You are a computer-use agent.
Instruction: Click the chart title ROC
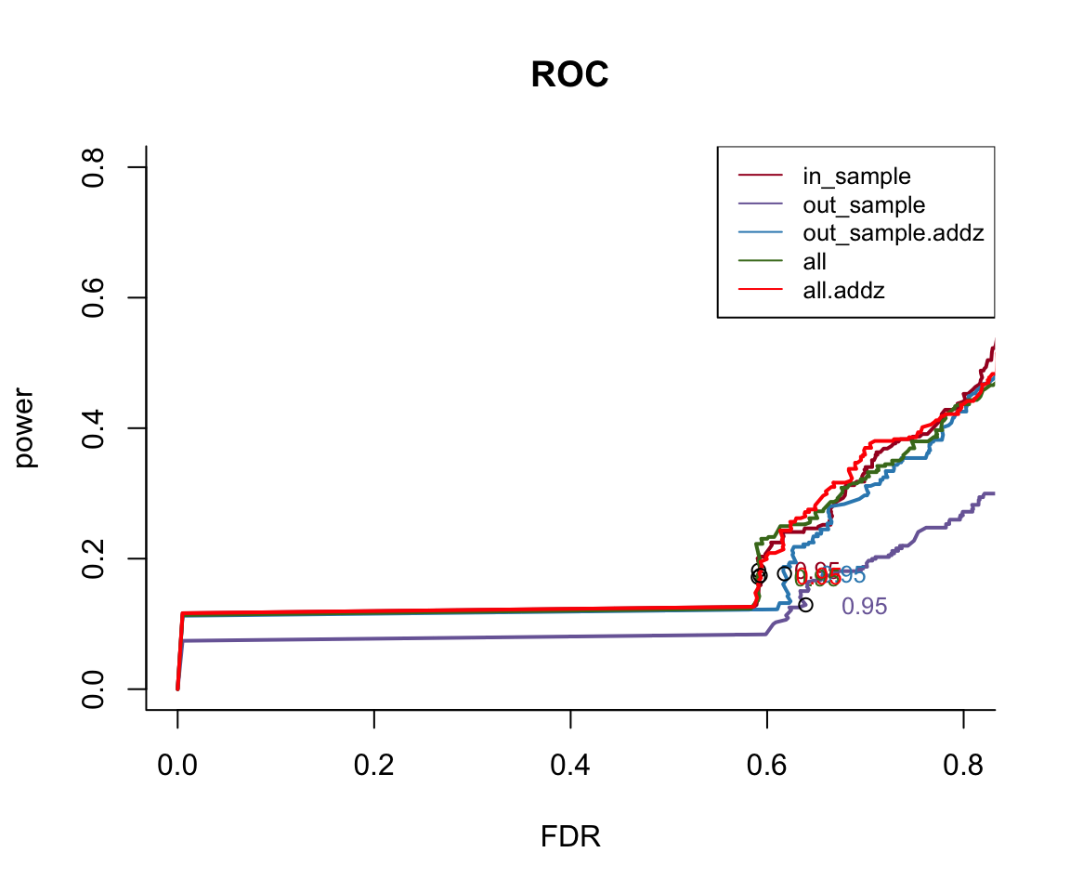(569, 75)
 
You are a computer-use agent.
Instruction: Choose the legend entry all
(815, 262)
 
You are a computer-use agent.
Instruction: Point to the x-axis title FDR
(570, 837)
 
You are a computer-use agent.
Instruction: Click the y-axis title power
(26, 427)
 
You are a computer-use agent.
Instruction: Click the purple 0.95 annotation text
(864, 607)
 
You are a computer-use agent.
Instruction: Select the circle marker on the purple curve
(805, 605)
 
